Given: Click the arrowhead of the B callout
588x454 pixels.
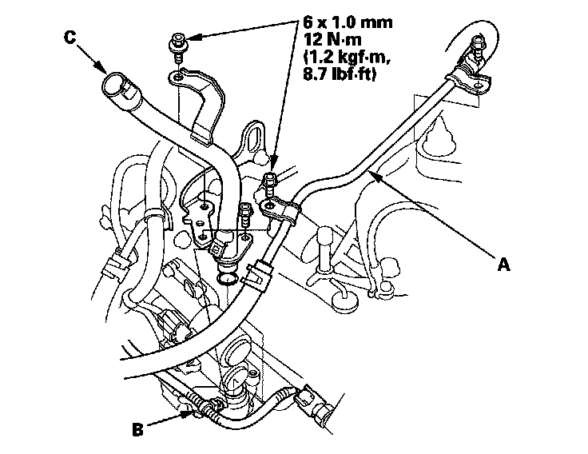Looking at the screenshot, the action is click(x=188, y=414).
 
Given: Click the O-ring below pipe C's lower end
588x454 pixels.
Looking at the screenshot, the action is click(x=227, y=278).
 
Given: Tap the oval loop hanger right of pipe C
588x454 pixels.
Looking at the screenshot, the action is click(x=254, y=137).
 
